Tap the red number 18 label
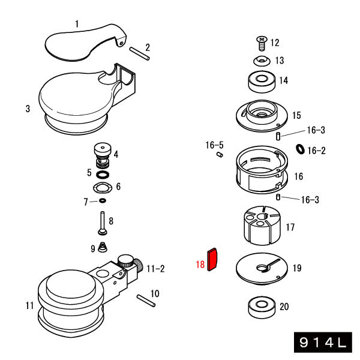coord(200,264)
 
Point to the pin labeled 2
coord(139,53)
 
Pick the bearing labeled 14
coord(261,81)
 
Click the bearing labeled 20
coord(262,307)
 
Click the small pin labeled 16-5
coord(220,155)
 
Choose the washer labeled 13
coord(261,60)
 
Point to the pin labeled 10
coord(146,299)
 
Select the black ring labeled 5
coord(103,173)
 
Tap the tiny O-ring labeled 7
coord(103,200)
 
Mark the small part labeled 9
coord(103,247)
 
